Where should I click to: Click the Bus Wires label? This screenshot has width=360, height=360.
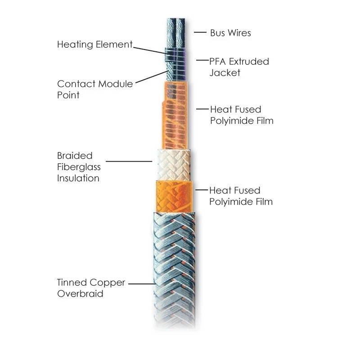click(230, 33)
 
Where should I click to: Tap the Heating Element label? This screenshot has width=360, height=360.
click(95, 45)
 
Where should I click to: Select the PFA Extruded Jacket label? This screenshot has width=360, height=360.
click(239, 67)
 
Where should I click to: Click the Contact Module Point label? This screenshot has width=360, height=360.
click(95, 89)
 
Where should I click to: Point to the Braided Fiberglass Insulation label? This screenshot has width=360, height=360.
click(78, 167)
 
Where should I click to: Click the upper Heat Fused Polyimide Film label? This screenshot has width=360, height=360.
click(242, 115)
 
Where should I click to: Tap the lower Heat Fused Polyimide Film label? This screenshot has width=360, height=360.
click(241, 196)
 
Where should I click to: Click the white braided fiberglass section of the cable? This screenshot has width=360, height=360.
click(173, 164)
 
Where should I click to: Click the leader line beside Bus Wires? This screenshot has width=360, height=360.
click(200, 32)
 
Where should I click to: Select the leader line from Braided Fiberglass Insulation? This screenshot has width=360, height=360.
click(129, 161)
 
